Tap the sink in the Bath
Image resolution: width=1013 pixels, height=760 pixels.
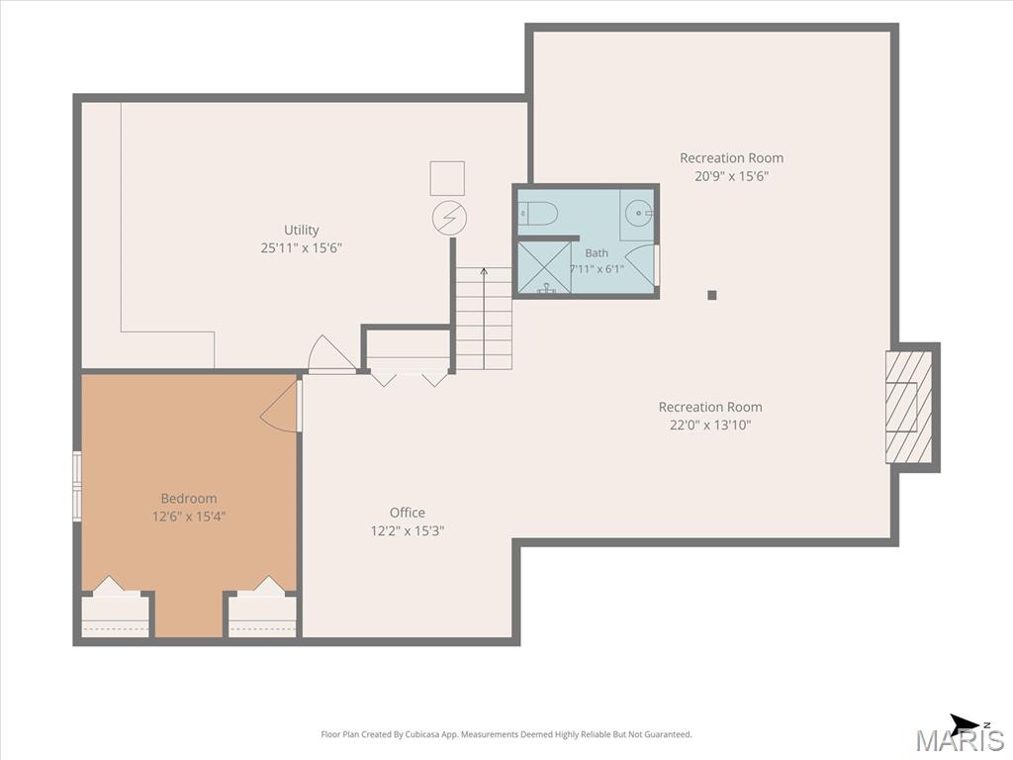[638, 213]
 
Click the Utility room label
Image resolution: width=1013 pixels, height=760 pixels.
[302, 230]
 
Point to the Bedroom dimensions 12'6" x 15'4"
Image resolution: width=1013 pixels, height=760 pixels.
[189, 517]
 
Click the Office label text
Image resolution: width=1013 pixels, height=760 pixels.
[407, 513]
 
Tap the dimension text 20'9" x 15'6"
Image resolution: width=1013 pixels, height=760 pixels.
[731, 176]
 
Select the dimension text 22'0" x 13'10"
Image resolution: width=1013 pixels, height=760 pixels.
[710, 426]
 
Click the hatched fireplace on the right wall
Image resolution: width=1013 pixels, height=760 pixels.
[909, 407]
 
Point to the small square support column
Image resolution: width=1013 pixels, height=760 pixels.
[712, 295]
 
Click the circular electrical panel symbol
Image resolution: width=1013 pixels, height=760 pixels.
[450, 218]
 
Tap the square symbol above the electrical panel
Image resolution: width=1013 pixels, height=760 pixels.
[447, 178]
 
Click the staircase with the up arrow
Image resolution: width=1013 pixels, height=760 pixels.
[484, 318]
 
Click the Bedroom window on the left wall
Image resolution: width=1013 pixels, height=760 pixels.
[77, 486]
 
